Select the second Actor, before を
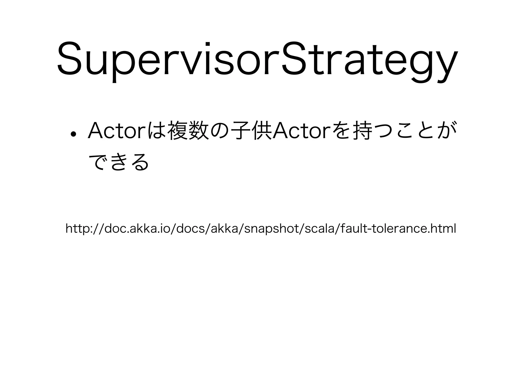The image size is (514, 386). point(301,131)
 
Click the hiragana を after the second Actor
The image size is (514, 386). point(340,131)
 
